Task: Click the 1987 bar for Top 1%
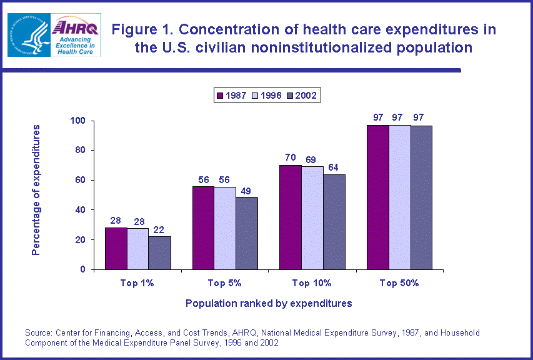click(x=116, y=248)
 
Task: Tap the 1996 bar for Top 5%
click(x=225, y=228)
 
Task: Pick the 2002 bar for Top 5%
click(x=247, y=233)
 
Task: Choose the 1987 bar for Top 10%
click(x=290, y=217)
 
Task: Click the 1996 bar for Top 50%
click(x=399, y=197)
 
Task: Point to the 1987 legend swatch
click(x=220, y=95)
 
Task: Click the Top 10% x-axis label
click(x=312, y=283)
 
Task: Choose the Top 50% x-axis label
click(x=399, y=283)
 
